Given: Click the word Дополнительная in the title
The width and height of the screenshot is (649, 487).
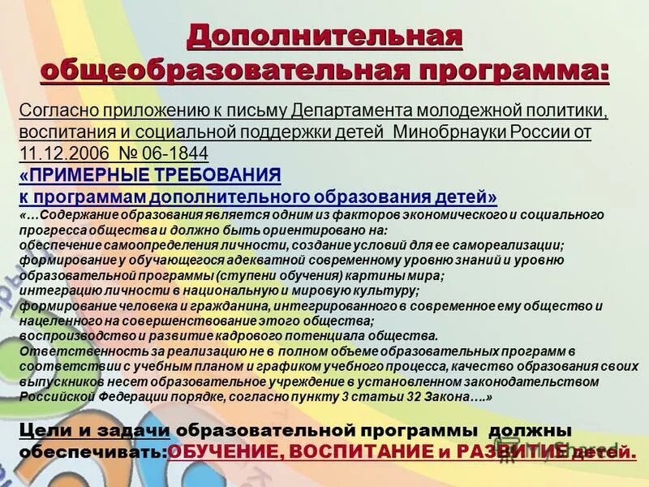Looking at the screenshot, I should (324, 37).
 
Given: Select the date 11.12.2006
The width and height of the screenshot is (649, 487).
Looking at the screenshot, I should (56, 152).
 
